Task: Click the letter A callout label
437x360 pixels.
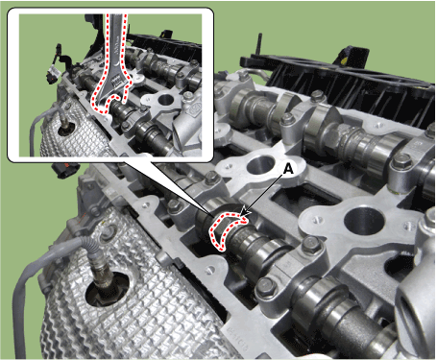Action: tap(289, 169)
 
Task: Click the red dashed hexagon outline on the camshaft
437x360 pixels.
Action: tap(228, 230)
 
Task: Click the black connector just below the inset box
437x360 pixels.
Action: tap(66, 170)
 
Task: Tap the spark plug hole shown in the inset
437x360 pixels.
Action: tap(165, 100)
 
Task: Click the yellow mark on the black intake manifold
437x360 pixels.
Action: tap(345, 60)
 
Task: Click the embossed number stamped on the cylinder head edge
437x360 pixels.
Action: tap(238, 340)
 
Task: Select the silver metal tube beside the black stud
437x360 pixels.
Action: tap(256, 75)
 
